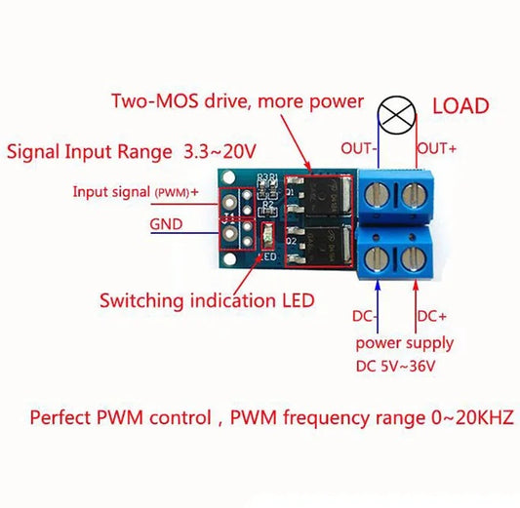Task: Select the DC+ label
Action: pyautogui.click(x=433, y=316)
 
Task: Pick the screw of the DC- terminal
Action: pyautogui.click(x=377, y=257)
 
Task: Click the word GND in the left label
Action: pyautogui.click(x=166, y=223)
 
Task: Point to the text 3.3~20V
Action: pyautogui.click(x=217, y=152)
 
